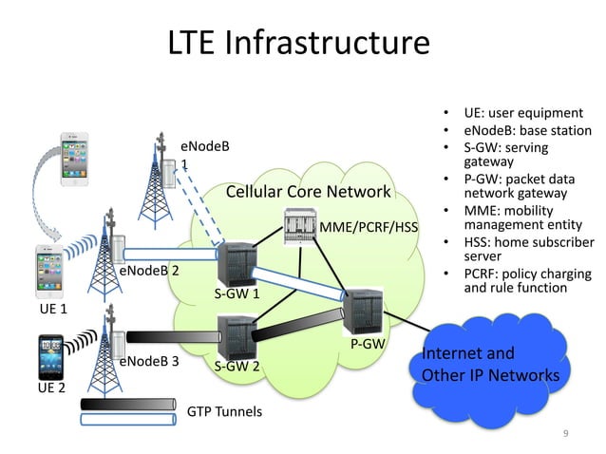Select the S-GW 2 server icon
coord(234,335)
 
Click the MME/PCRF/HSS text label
coord(369,229)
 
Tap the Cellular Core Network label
coord(308,194)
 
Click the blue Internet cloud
coord(489,365)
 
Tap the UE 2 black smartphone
coord(50,356)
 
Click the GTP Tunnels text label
coord(224,412)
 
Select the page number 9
coord(566,434)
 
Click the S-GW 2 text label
coord(237,366)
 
